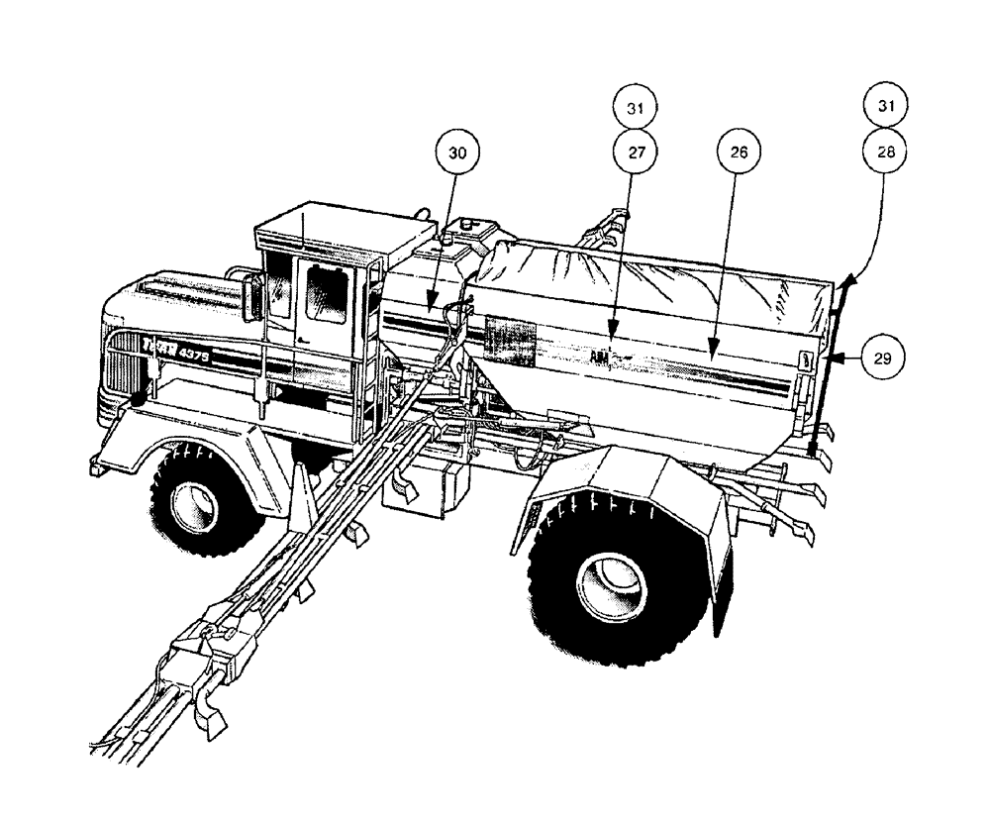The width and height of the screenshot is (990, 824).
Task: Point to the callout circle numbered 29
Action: [878, 358]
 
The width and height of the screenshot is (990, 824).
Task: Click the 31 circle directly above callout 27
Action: [635, 105]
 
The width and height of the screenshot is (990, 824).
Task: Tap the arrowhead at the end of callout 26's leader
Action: [712, 351]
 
